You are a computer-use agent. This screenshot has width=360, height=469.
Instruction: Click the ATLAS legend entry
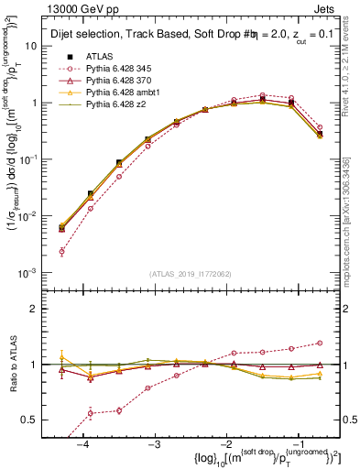point(101,56)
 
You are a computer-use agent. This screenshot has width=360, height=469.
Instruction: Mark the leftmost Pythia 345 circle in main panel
point(61,251)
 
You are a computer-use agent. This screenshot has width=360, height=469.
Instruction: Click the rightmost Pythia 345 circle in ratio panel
point(320,344)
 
